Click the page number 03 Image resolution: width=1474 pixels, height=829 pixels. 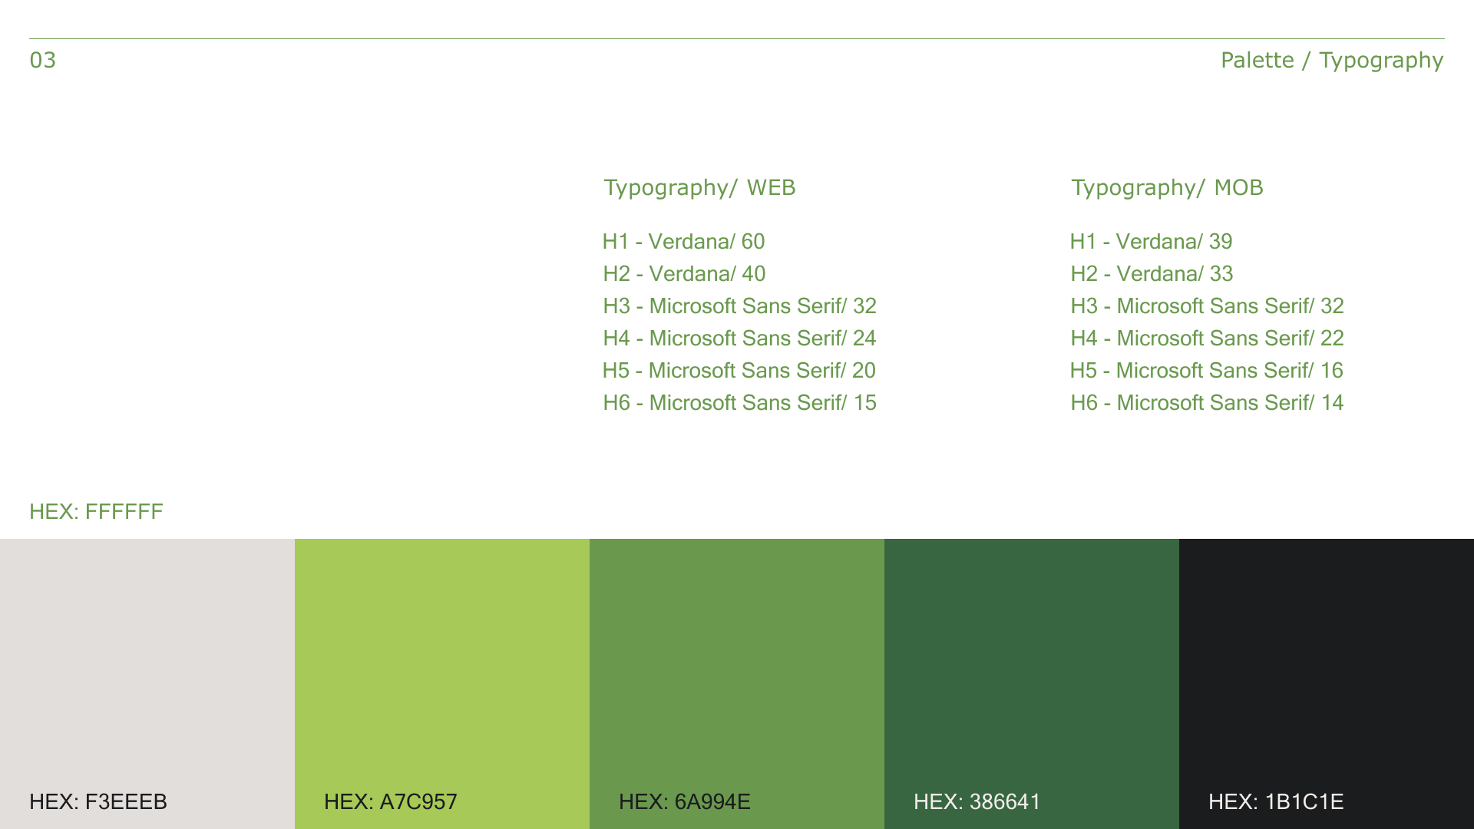click(43, 60)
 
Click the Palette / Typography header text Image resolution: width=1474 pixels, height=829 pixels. click(1332, 61)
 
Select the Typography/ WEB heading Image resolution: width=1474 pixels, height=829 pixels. click(699, 188)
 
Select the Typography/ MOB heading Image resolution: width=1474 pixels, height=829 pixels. click(1167, 188)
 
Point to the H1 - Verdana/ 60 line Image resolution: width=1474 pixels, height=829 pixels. click(684, 242)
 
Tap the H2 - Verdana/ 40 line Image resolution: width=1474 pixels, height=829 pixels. click(684, 274)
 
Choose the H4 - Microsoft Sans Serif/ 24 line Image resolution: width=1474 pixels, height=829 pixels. click(739, 339)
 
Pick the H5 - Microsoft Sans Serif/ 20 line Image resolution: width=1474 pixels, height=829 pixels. click(739, 371)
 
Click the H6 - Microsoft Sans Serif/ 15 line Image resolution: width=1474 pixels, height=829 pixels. click(739, 403)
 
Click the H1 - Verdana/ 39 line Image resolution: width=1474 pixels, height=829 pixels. click(1152, 242)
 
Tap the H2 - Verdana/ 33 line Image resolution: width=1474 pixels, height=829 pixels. click(1152, 274)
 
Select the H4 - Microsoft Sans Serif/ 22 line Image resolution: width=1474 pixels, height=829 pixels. click(1207, 339)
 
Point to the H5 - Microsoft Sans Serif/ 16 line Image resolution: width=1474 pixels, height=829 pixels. click(1207, 371)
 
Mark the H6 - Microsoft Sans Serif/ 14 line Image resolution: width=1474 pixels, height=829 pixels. click(1207, 403)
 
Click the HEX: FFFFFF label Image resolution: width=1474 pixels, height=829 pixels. click(96, 512)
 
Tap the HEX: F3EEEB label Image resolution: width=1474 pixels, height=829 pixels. click(98, 802)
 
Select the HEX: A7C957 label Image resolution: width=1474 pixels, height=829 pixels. click(391, 802)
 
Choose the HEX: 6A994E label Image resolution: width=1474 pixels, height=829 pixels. click(685, 802)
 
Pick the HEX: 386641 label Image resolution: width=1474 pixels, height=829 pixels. click(977, 802)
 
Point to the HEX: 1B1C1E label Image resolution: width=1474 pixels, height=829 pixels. click(1276, 802)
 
